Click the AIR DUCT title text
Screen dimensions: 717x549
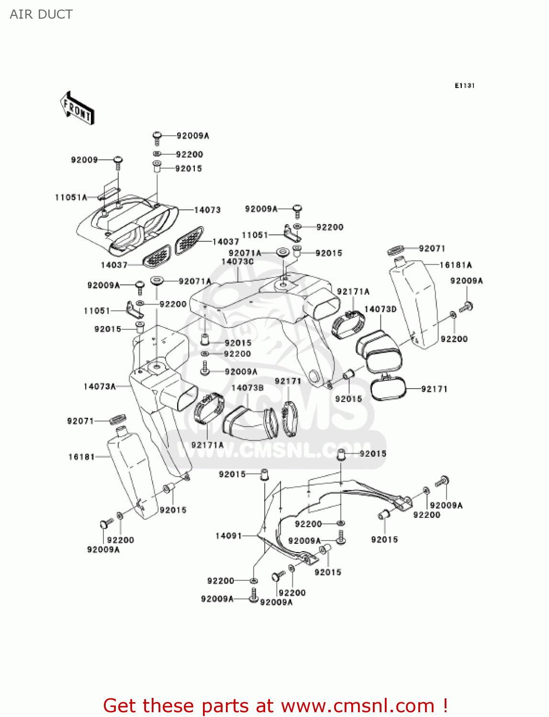click(x=41, y=14)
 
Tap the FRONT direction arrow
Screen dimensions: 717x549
click(x=77, y=109)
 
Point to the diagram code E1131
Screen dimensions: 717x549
click(x=464, y=86)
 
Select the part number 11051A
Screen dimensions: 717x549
click(x=71, y=197)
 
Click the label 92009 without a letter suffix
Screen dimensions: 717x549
click(x=84, y=160)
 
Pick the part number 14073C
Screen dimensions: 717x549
click(x=237, y=261)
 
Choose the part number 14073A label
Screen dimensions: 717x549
click(x=100, y=386)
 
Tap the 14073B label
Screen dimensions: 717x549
click(x=247, y=388)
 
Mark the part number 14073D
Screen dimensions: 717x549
click(x=380, y=309)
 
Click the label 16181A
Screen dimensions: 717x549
click(x=456, y=265)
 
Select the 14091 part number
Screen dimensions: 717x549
click(x=229, y=536)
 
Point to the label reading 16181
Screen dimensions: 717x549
click(x=81, y=457)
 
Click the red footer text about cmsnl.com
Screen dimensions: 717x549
click(x=275, y=706)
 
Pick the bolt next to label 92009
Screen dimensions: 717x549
click(x=118, y=162)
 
